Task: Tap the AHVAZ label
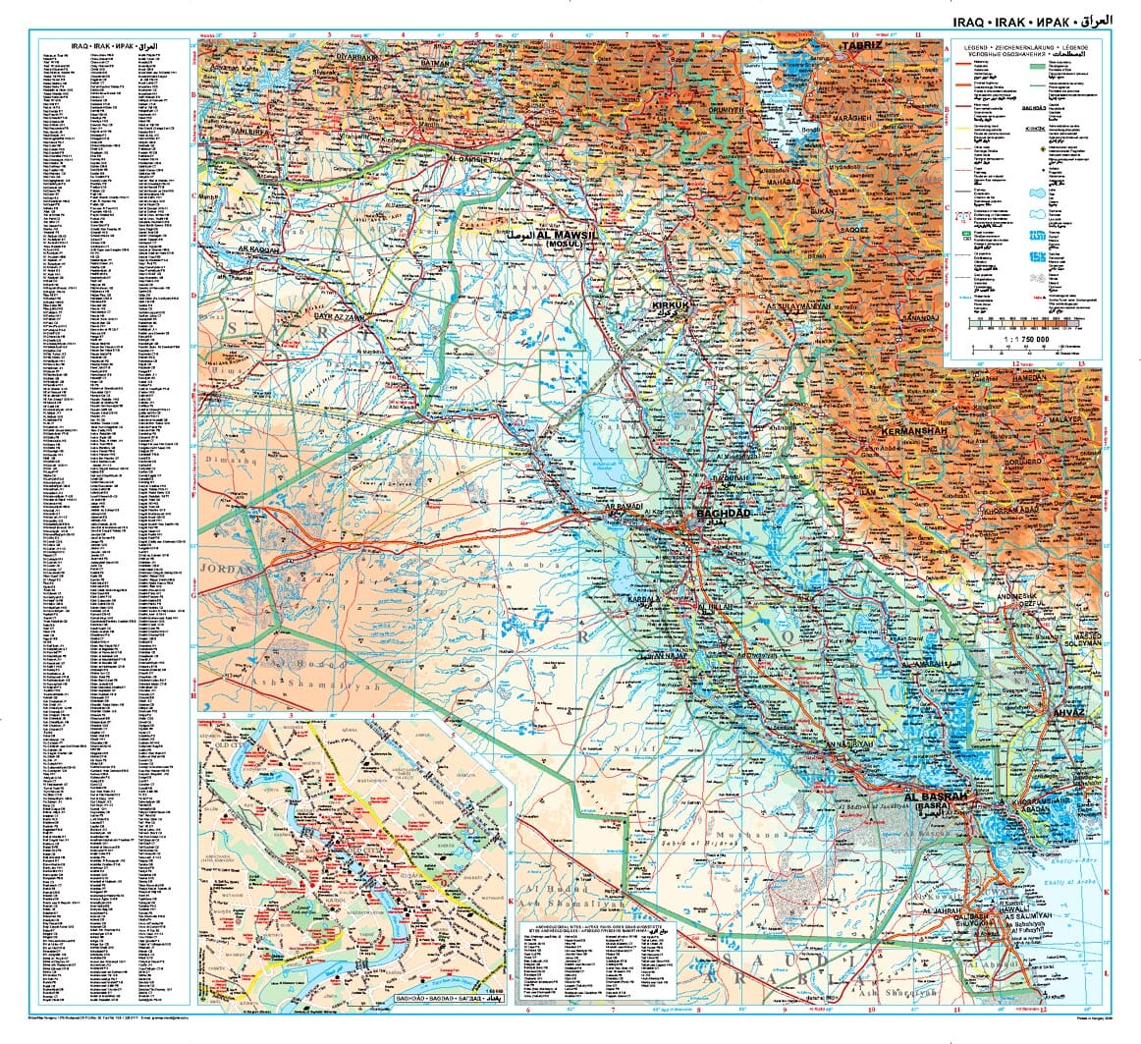click(x=1070, y=708)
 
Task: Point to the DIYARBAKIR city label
click(x=365, y=57)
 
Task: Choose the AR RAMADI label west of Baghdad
click(x=621, y=507)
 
